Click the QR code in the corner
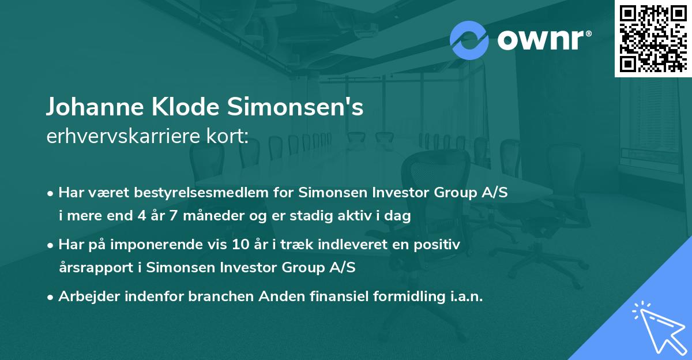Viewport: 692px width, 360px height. (653, 38)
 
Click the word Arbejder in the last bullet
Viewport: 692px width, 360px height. (89, 297)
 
